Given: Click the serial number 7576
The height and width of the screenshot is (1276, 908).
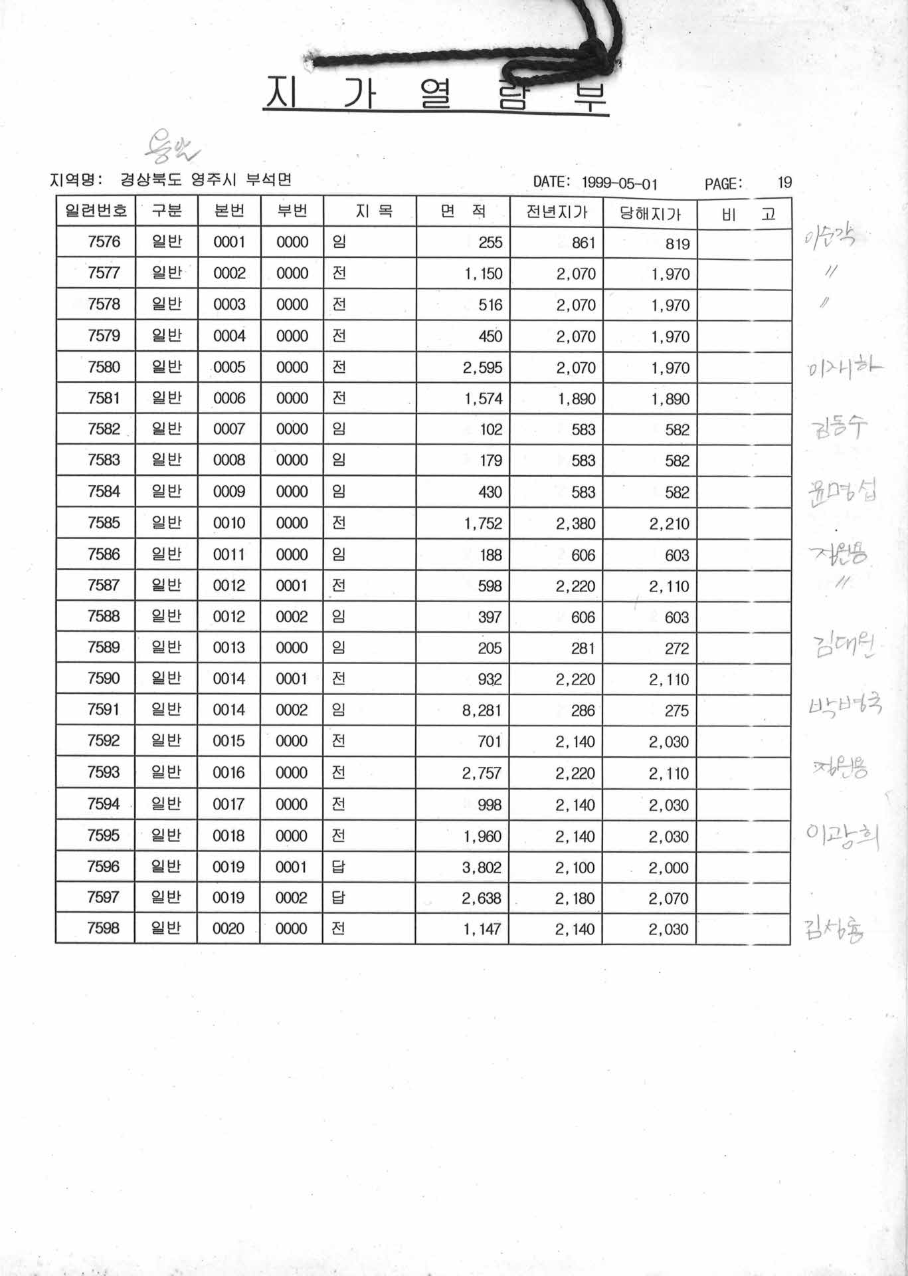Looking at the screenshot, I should [x=104, y=242].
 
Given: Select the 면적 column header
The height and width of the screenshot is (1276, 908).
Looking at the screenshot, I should [x=463, y=211].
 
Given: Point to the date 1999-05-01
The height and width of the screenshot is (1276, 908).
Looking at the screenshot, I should [x=620, y=183].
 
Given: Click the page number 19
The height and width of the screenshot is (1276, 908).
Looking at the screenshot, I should [x=784, y=182].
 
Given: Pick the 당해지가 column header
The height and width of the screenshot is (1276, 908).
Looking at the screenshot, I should [x=650, y=213].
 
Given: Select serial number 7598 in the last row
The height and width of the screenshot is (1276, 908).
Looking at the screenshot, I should [x=103, y=928].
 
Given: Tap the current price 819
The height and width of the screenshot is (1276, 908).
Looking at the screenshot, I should [x=677, y=244].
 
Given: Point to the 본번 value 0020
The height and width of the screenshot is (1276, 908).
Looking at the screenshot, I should [x=228, y=928].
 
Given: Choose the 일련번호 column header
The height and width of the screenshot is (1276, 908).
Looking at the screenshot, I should [x=96, y=211].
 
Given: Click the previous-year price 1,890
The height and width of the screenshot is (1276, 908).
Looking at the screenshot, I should [x=576, y=399].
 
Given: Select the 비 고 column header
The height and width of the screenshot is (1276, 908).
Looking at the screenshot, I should [x=748, y=214].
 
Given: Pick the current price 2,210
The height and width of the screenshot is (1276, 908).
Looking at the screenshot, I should [x=670, y=524].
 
